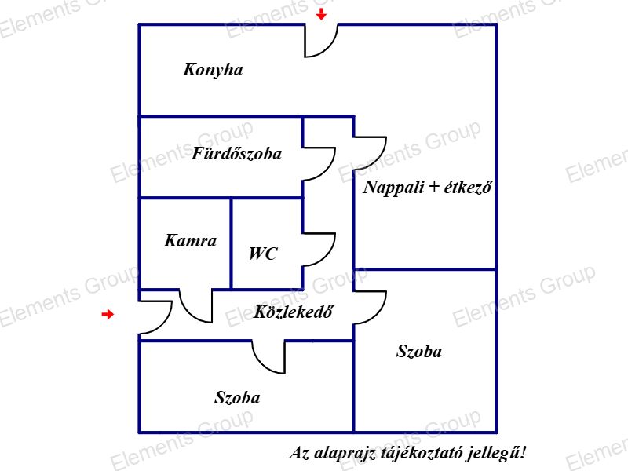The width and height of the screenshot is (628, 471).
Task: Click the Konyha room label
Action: coord(213,70)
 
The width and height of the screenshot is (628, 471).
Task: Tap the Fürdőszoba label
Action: coord(236,153)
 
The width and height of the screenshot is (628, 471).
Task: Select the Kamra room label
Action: coord(190,241)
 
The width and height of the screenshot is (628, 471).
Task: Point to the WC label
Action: coord(263,254)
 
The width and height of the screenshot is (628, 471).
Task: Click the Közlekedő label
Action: coord(293,312)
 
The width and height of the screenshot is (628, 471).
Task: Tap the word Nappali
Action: coord(393,188)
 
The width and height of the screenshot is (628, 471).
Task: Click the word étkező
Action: coord(468,187)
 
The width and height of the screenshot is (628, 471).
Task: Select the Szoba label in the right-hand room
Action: coord(419,351)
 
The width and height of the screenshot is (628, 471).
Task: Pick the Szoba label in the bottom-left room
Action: coord(237,397)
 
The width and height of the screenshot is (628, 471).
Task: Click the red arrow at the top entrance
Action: coord(321,15)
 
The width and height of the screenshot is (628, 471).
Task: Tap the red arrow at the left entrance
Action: coord(108,315)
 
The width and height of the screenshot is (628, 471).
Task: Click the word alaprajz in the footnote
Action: coord(345,454)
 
